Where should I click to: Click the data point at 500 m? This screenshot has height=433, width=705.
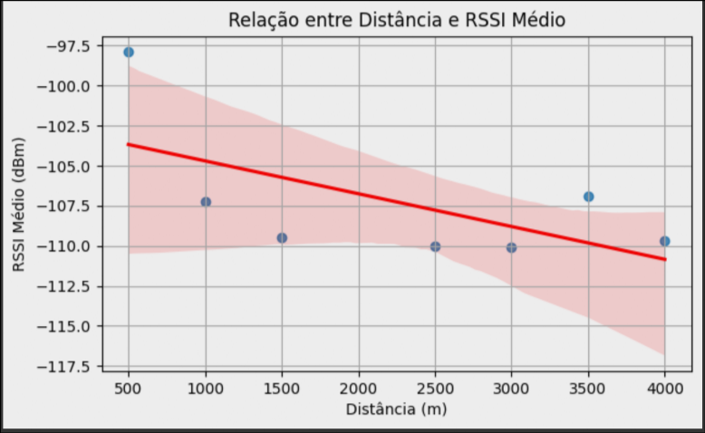pyautogui.click(x=129, y=53)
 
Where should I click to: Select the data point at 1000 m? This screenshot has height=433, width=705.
pyautogui.click(x=206, y=202)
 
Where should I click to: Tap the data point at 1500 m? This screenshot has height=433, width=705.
pyautogui.click(x=282, y=238)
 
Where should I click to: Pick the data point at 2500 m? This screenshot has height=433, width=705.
pyautogui.click(x=435, y=246)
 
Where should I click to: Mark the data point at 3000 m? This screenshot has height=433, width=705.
pyautogui.click(x=511, y=247)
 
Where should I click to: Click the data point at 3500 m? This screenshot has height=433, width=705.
pyautogui.click(x=588, y=197)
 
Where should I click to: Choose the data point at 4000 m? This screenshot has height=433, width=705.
pyautogui.click(x=664, y=241)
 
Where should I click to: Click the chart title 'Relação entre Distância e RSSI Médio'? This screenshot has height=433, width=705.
pyautogui.click(x=396, y=20)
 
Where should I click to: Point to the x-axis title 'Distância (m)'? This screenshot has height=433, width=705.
pyautogui.click(x=396, y=409)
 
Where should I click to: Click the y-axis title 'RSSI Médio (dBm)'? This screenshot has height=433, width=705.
pyautogui.click(x=19, y=205)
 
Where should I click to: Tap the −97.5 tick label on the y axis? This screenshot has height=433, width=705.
pyautogui.click(x=66, y=45)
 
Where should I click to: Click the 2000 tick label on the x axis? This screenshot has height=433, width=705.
pyautogui.click(x=358, y=388)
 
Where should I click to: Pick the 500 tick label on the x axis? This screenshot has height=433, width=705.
pyautogui.click(x=129, y=388)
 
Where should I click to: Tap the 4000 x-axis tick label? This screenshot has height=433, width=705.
pyautogui.click(x=664, y=388)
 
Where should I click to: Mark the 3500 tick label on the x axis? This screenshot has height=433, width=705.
pyautogui.click(x=588, y=388)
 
